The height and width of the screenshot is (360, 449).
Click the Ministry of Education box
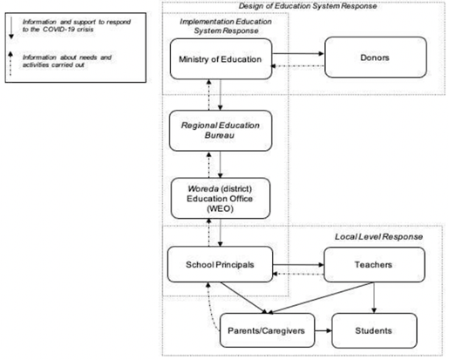[x=221, y=59]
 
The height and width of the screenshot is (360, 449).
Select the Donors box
[x=376, y=58]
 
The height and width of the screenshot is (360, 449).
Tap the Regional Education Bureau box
[x=221, y=131]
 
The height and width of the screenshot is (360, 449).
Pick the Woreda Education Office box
[x=221, y=199]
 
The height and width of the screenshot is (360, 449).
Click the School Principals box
[x=221, y=264]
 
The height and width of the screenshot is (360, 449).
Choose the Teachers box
[x=374, y=265]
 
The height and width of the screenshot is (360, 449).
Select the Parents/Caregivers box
[x=268, y=330]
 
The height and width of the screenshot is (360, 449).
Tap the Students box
[x=374, y=330]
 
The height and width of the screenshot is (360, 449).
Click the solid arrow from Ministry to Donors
[x=298, y=53]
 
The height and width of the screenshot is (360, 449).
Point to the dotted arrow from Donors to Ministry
[x=297, y=66]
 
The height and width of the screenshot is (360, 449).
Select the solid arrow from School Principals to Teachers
[x=298, y=265]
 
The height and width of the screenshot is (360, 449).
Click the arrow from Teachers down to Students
[x=374, y=297]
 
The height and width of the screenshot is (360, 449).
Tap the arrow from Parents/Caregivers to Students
[x=323, y=330]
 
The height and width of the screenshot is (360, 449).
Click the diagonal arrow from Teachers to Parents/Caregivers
[x=321, y=298]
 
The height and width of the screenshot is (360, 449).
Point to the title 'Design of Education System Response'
[x=308, y=6]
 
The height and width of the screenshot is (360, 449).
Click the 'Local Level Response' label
[x=378, y=236]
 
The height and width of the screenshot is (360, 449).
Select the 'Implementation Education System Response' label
[x=226, y=26]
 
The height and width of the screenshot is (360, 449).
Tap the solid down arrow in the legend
[x=11, y=28]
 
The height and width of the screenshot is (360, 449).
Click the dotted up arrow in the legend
[x=10, y=64]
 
